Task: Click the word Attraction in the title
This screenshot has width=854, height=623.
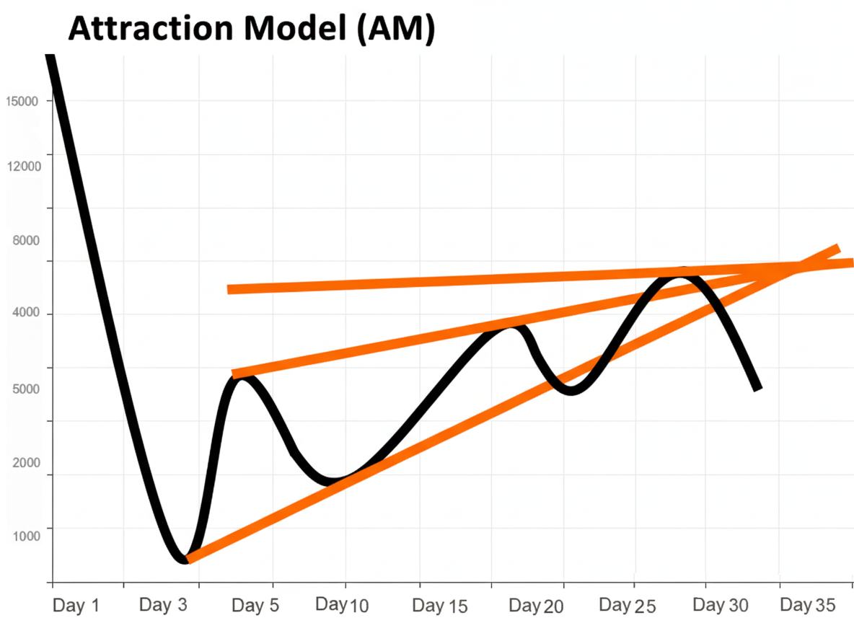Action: [x=148, y=29]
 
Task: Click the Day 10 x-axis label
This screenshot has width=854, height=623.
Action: [x=343, y=604]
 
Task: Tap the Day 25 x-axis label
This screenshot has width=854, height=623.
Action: [x=627, y=604]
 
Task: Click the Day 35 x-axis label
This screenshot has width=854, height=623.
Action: [x=807, y=604]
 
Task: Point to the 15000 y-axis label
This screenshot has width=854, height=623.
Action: [x=22, y=102]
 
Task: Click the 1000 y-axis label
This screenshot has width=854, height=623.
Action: [x=26, y=535]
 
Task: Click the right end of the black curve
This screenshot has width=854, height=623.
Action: [x=757, y=388]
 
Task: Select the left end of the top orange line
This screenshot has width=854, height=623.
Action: [x=229, y=289]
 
